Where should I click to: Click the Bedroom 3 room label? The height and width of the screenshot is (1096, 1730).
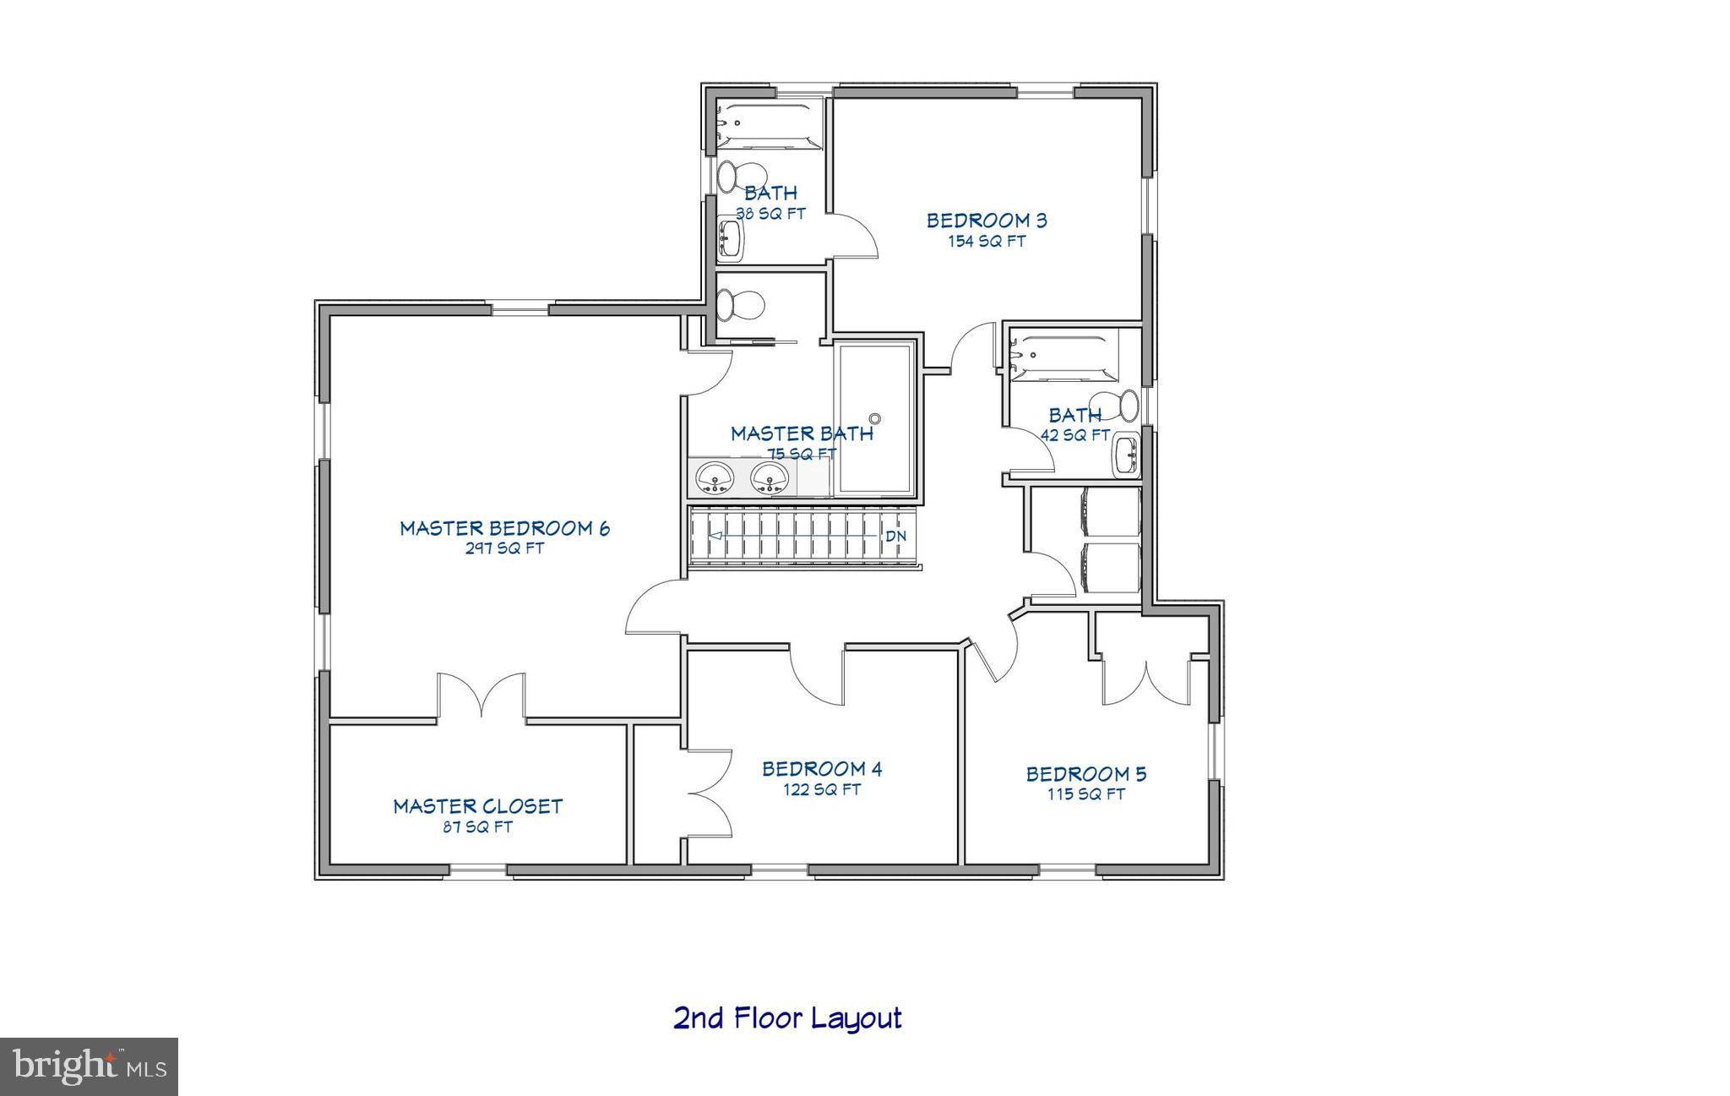pos(986,221)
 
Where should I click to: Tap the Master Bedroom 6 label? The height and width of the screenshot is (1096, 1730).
pos(504,529)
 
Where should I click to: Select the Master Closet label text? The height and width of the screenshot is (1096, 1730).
pos(477,807)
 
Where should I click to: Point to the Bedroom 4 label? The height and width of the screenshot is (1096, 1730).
pos(822,769)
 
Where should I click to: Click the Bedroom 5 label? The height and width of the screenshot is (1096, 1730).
pos(1085,774)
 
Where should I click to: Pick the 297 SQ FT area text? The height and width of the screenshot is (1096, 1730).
pos(504,548)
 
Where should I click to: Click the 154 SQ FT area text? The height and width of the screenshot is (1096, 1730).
pos(986,242)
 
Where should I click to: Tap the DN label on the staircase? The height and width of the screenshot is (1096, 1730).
pos(895,536)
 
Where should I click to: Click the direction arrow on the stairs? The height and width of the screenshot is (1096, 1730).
pos(715,536)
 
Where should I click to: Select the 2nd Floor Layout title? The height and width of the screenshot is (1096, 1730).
pos(787,1017)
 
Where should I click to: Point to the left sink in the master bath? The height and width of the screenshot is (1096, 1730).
pos(715,477)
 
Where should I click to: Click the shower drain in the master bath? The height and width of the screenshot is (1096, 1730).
pos(875,418)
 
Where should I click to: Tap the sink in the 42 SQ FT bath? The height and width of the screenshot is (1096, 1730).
pos(1127,456)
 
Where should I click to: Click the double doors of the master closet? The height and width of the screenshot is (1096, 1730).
pos(481,697)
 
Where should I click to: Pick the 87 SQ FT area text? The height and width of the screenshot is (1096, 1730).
pos(477,827)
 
